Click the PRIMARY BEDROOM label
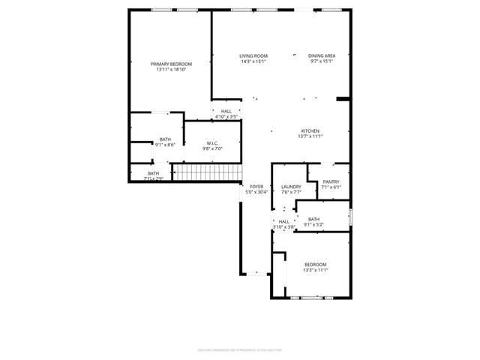[x=171, y=64]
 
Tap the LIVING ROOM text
[x=253, y=56]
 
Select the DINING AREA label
[x=321, y=56]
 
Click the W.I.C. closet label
[x=212, y=143]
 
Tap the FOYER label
[x=256, y=186]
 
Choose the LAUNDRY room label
[x=291, y=187]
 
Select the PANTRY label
[x=331, y=181]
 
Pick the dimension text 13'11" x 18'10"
[x=171, y=70]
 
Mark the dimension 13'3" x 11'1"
[x=316, y=270]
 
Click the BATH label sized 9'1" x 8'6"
[x=165, y=139]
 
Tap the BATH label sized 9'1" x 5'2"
[x=313, y=219]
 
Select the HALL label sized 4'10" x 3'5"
[x=226, y=112]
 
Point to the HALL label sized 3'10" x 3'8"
[x=284, y=221]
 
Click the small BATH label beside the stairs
[x=153, y=173]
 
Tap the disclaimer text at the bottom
[x=239, y=349]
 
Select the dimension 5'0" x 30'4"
[x=256, y=192]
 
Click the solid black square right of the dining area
[x=343, y=98]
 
